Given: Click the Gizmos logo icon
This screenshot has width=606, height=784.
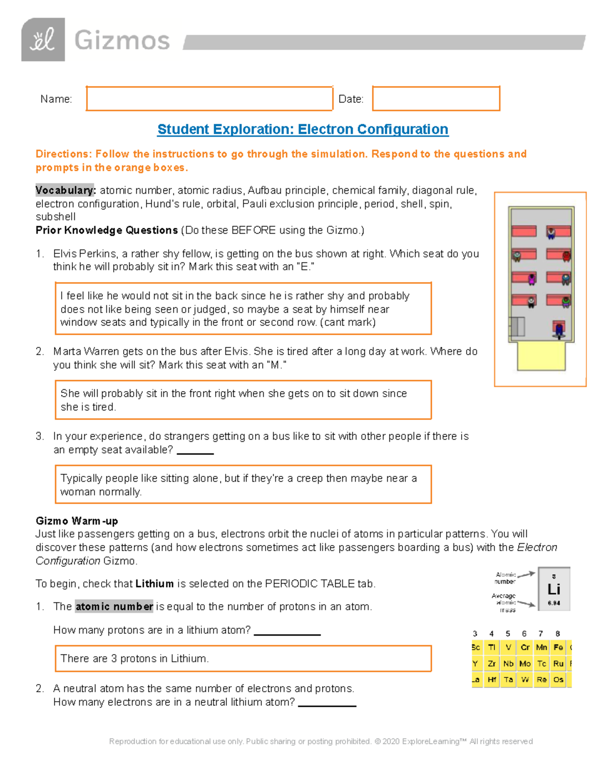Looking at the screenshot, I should pyautogui.click(x=43, y=40).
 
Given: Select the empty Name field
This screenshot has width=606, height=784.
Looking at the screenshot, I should pyautogui.click(x=210, y=98).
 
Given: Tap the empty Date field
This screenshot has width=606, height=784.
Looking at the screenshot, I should pyautogui.click(x=436, y=98).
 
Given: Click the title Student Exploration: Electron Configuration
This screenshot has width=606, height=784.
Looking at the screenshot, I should pyautogui.click(x=302, y=129).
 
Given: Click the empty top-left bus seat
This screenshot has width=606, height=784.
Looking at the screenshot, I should pyautogui.click(x=524, y=231).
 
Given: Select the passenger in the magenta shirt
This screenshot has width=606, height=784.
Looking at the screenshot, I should pyautogui.click(x=531, y=279).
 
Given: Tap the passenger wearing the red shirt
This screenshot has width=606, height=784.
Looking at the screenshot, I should pyautogui.click(x=566, y=256).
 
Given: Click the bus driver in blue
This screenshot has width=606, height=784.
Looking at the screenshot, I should pyautogui.click(x=559, y=330).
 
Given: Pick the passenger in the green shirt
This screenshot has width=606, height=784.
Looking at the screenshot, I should pyautogui.click(x=566, y=302).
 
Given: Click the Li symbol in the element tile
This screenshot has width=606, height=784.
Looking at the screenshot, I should pyautogui.click(x=554, y=589).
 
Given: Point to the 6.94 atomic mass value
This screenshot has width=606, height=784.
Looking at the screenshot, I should pyautogui.click(x=554, y=603).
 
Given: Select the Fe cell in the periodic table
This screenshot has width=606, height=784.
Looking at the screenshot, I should pyautogui.click(x=558, y=647).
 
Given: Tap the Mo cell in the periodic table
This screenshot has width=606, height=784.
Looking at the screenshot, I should pyautogui.click(x=525, y=663).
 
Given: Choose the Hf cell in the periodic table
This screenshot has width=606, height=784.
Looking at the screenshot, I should pyautogui.click(x=491, y=680).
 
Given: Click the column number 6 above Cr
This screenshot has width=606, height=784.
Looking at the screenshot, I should pyautogui.click(x=524, y=634).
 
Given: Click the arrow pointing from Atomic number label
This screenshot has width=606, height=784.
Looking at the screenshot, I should pyautogui.click(x=526, y=574).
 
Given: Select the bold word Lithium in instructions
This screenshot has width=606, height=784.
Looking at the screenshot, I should pyautogui.click(x=155, y=584).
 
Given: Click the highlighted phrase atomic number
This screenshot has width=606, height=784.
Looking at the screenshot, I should pyautogui.click(x=114, y=606).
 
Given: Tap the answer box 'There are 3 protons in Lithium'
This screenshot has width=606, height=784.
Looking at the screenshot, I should pyautogui.click(x=243, y=658).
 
